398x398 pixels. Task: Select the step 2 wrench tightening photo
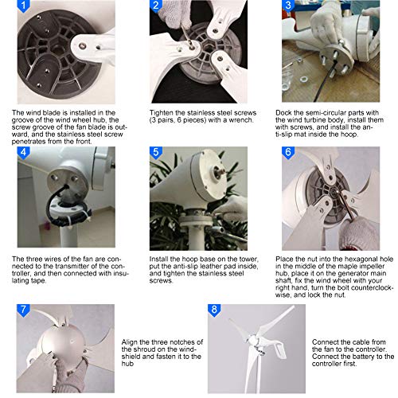click(199, 52)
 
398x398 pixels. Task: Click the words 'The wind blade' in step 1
click(35, 113)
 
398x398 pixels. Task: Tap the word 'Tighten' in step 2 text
click(164, 113)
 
